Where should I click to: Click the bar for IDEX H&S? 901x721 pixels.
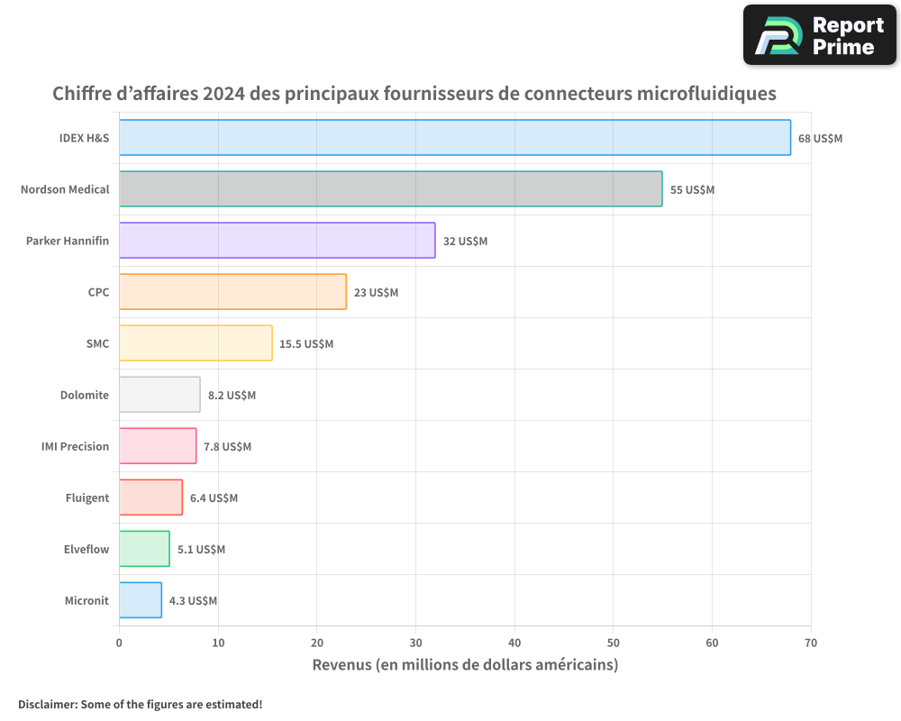(x=455, y=138)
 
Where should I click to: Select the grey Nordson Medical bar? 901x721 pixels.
(x=390, y=189)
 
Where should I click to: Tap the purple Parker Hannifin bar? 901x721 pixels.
(x=277, y=241)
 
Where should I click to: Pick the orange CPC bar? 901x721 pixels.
(x=232, y=292)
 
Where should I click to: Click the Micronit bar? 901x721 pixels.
(x=141, y=600)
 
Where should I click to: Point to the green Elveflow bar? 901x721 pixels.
(x=144, y=549)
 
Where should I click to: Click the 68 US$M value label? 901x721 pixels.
(x=820, y=139)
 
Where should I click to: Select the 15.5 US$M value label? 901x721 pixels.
(x=306, y=344)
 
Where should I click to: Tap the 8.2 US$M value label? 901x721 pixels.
(x=232, y=396)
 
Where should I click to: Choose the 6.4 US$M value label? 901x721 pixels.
(x=214, y=498)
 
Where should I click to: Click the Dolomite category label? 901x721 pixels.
(x=85, y=396)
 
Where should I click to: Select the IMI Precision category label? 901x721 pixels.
(x=76, y=447)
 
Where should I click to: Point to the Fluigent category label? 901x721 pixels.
(x=87, y=498)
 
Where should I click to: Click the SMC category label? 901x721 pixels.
(x=97, y=344)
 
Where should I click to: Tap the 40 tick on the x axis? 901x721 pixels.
(x=514, y=643)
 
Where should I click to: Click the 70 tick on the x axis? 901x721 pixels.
(x=810, y=643)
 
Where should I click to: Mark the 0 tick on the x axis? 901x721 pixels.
(x=119, y=643)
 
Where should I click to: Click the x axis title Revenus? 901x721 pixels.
(x=465, y=665)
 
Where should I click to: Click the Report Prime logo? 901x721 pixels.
(x=820, y=35)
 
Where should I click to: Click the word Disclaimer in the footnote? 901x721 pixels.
(x=46, y=705)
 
